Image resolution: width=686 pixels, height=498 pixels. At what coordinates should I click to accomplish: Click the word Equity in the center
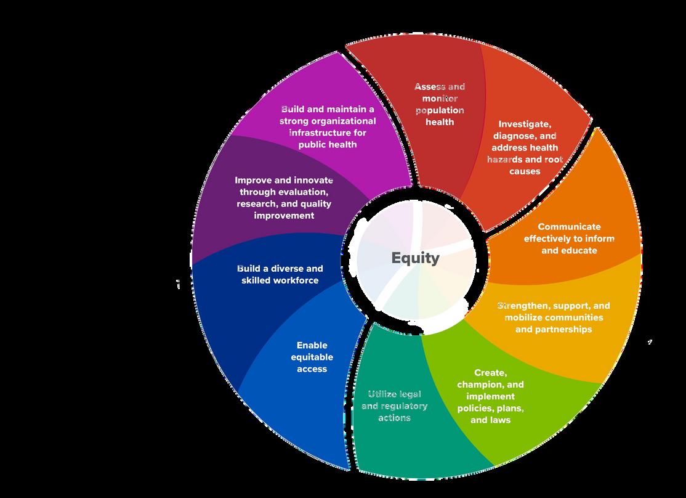416,258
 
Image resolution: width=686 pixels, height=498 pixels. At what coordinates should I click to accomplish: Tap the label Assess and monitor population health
440,104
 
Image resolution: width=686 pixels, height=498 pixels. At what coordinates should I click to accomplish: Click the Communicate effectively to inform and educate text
569,239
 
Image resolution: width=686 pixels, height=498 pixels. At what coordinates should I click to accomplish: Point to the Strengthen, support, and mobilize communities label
554,317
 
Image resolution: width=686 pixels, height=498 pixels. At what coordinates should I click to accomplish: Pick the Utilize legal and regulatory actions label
394,406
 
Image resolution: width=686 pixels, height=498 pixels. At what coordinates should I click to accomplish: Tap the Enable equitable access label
312,357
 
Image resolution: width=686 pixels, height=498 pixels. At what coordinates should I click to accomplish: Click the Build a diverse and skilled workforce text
280,274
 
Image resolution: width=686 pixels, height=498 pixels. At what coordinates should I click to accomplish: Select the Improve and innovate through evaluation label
284,197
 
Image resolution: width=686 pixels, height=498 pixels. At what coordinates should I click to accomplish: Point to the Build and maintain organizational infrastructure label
328,126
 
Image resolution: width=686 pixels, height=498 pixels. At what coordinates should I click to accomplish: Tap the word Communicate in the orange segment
569,227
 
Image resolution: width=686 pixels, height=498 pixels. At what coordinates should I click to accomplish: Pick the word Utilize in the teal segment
385,394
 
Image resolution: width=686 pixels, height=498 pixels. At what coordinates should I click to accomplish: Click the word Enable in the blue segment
312,345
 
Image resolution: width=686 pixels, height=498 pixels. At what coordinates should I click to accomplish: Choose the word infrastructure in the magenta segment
328,133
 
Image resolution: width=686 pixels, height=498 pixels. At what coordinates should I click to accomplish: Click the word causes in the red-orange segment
525,171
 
